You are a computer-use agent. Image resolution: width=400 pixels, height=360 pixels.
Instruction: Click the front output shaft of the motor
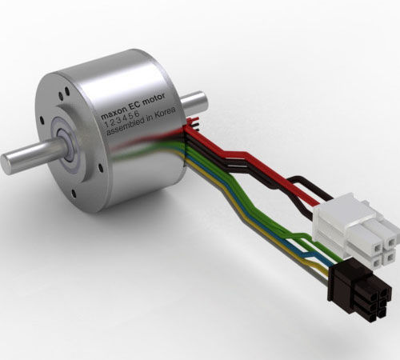coord(28,156)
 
